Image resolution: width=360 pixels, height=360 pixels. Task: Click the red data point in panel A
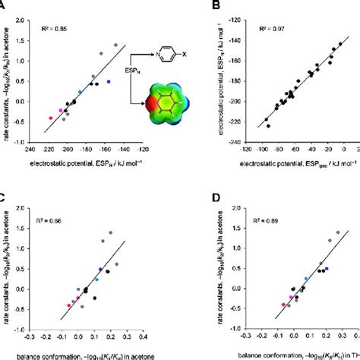(x=51, y=118)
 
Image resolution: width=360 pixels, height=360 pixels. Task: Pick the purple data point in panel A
(x=109, y=81)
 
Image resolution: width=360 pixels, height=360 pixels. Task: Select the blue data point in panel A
(x=80, y=91)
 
